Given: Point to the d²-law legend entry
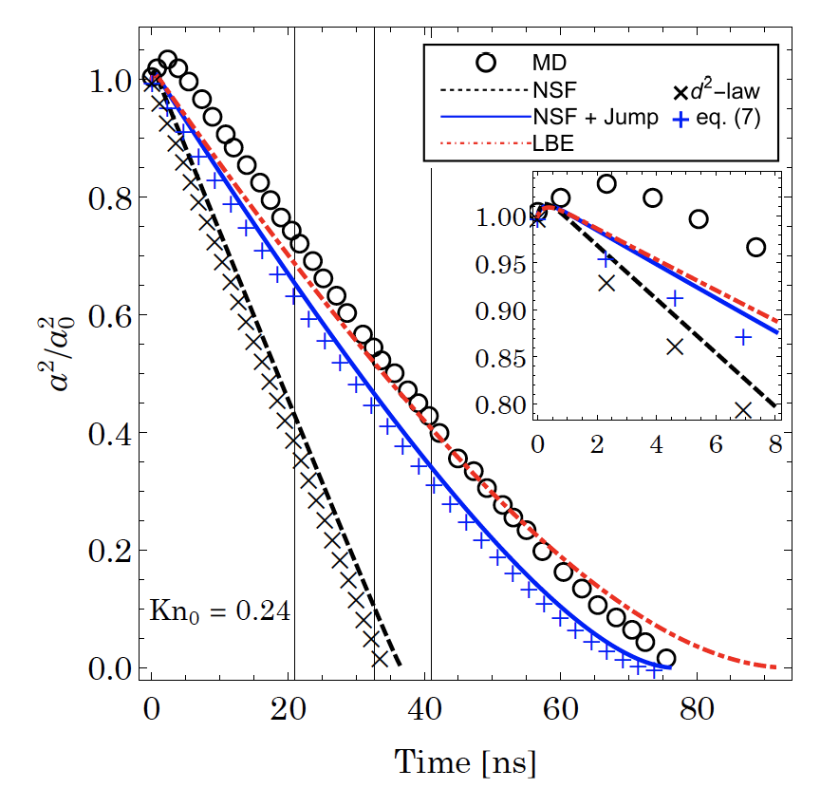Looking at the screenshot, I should point(720,94).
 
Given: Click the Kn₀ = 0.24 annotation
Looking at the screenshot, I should point(220,610).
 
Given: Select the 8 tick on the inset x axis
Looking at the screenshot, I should point(775,444).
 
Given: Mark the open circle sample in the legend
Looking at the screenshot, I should point(487,63).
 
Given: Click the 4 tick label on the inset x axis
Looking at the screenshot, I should point(657,444).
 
